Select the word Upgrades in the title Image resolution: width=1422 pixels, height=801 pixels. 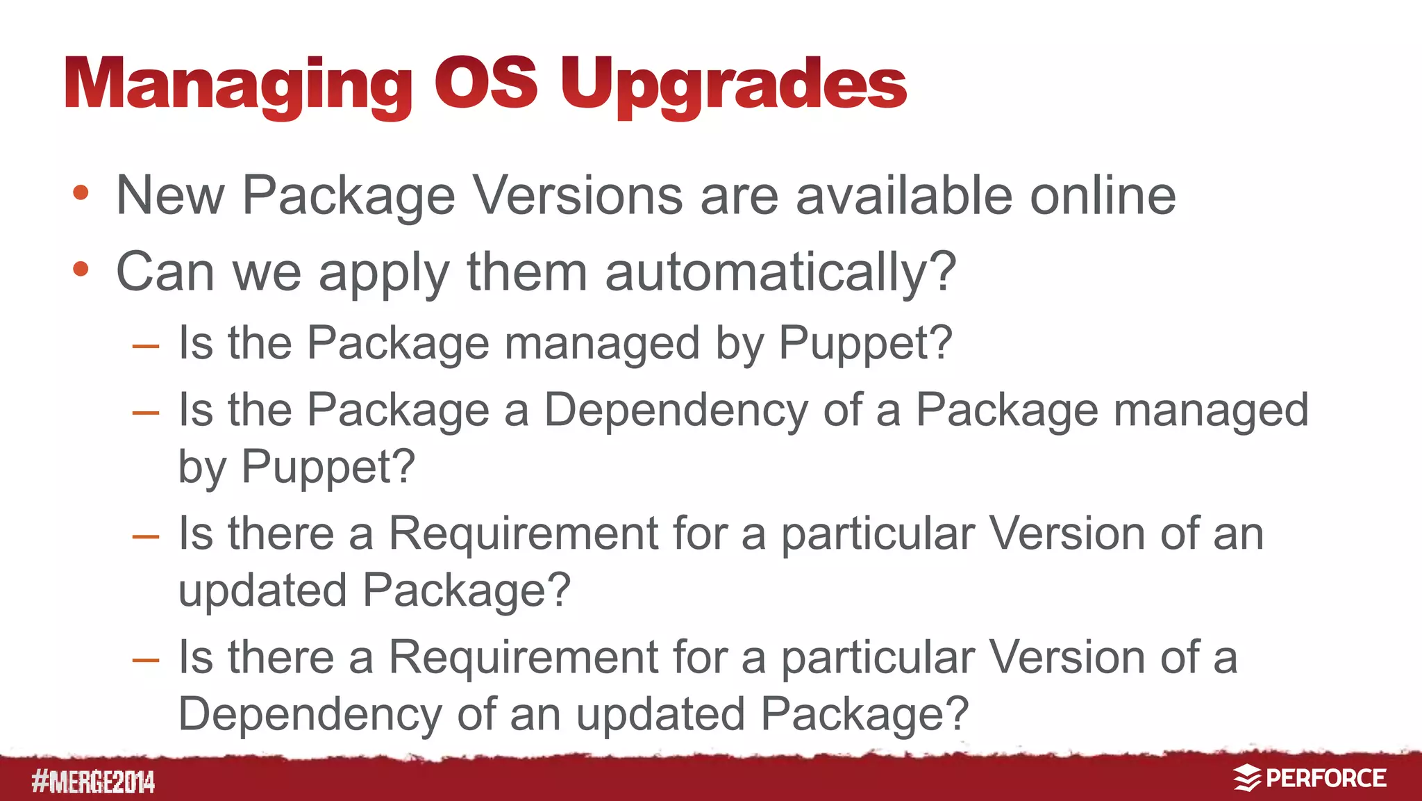click(x=733, y=85)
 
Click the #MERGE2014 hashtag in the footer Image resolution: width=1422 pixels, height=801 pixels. click(x=93, y=782)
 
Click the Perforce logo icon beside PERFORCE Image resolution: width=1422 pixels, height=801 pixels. click(x=1247, y=778)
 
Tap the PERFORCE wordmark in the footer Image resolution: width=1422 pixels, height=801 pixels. click(x=1326, y=778)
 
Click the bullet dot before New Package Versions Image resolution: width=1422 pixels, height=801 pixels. click(x=81, y=193)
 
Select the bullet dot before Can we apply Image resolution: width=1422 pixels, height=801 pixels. click(x=81, y=269)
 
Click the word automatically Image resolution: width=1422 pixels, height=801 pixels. click(x=771, y=272)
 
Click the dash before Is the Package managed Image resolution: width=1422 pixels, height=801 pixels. click(x=146, y=346)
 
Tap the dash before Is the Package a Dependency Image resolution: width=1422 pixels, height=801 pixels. click(x=146, y=413)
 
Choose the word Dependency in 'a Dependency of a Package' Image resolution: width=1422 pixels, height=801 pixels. click(x=676, y=411)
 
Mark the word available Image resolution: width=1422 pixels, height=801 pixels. click(x=903, y=195)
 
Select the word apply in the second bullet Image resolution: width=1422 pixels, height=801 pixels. click(x=384, y=273)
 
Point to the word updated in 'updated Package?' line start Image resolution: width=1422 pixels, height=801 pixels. click(x=262, y=590)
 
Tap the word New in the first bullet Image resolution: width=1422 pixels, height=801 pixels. click(x=170, y=195)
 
